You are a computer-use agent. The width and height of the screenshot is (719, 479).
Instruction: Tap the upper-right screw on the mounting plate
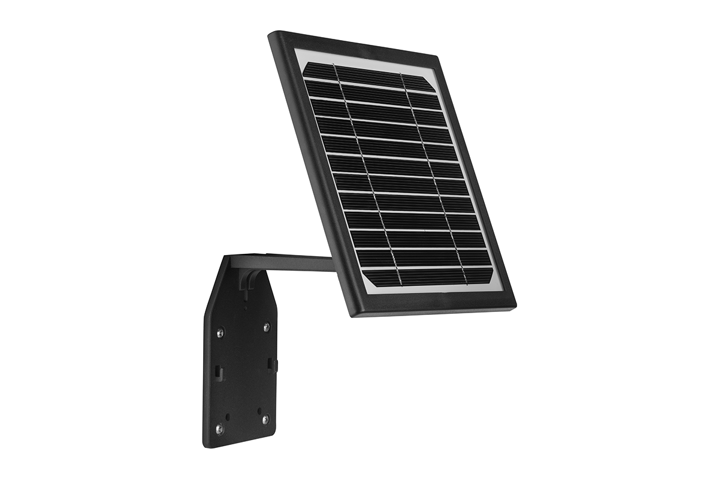point(266,327)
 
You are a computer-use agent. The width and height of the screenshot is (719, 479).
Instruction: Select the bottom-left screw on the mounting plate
point(219,428)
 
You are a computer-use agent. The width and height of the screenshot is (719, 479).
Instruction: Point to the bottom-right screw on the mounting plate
point(265,421)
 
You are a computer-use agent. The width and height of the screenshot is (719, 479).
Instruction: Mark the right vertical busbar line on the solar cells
point(434,174)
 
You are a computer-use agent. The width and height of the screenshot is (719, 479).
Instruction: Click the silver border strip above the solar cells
point(359,60)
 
